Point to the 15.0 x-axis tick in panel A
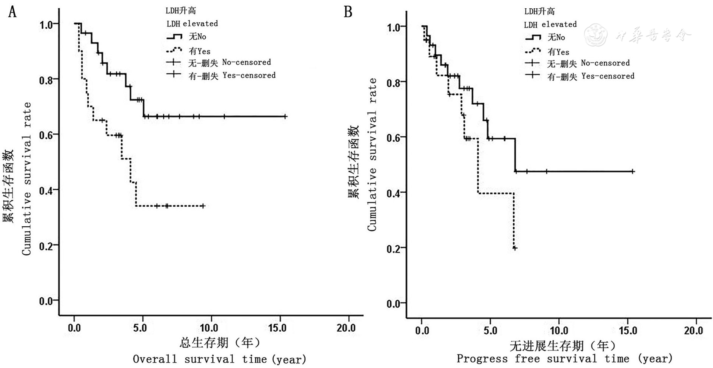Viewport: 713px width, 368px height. coord(277,328)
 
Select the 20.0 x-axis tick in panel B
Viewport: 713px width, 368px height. coord(694,331)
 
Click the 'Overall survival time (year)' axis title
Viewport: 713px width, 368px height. coord(219,359)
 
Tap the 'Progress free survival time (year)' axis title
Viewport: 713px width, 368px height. coord(565,359)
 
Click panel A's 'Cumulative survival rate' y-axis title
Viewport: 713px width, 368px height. coord(26,178)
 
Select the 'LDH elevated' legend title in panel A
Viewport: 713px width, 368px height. coord(192,23)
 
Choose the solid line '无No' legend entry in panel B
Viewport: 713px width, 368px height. coord(545,37)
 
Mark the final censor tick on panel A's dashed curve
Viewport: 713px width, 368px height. coord(203,206)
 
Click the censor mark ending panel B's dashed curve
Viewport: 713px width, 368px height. coord(515,248)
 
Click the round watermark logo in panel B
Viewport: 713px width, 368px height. coord(596,35)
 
